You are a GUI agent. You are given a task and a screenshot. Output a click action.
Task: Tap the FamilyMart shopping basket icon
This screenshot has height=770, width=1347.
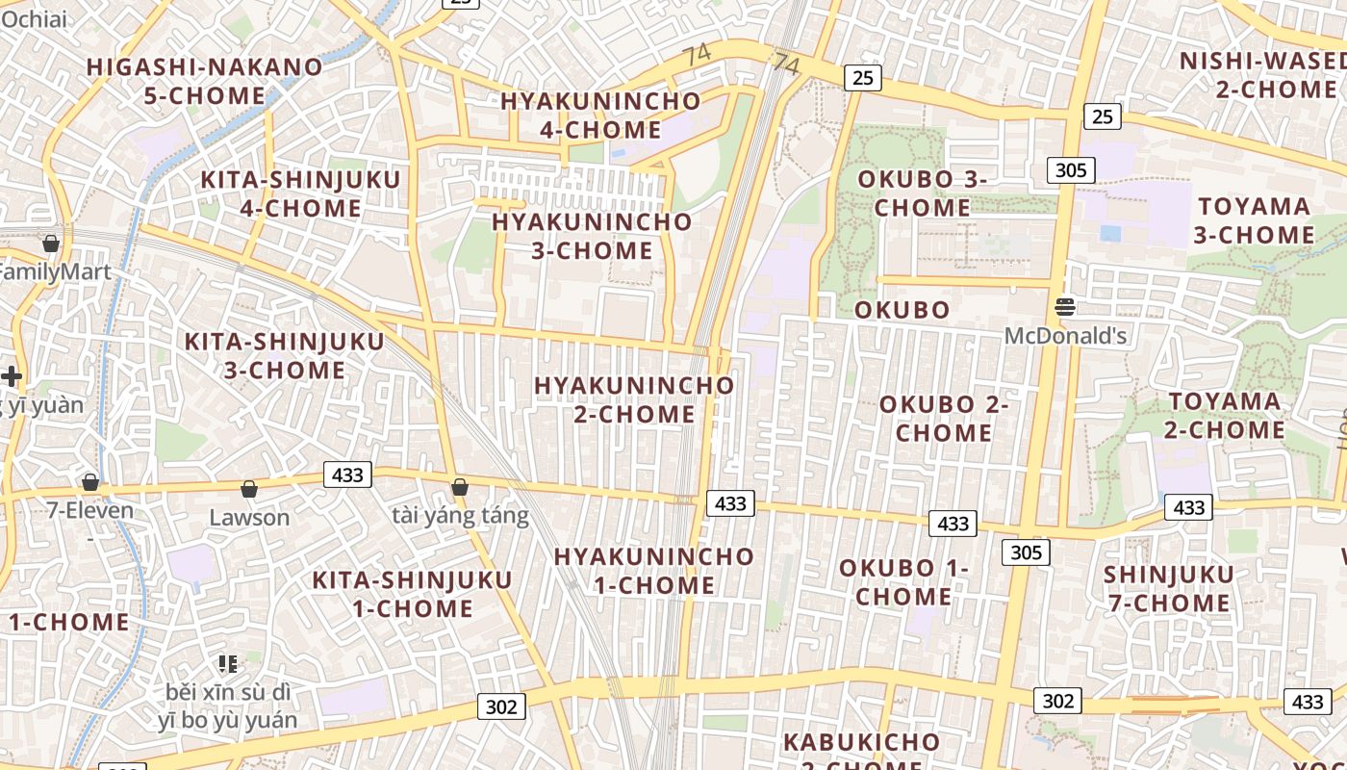[51, 244]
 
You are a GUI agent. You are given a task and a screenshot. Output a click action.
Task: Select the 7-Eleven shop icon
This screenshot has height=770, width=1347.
[90, 482]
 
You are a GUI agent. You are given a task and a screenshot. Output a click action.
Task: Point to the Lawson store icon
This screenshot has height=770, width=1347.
[249, 490]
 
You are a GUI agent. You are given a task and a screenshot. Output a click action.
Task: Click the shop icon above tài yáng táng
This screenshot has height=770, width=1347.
[460, 488]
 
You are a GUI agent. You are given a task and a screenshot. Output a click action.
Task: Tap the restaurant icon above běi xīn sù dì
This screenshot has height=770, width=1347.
[228, 663]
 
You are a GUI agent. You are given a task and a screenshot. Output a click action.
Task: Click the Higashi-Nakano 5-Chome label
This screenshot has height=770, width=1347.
[204, 81]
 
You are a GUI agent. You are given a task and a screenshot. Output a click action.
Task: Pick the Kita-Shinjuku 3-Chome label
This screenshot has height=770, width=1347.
[285, 355]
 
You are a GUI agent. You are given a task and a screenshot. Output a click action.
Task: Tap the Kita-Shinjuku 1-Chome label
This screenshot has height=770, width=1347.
[413, 594]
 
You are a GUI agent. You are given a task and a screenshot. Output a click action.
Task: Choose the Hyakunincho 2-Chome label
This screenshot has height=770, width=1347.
[634, 399]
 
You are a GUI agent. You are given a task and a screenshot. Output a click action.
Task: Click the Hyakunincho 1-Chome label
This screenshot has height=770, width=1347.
[653, 570]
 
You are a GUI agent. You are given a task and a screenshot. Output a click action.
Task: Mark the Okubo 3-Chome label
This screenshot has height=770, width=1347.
[923, 192]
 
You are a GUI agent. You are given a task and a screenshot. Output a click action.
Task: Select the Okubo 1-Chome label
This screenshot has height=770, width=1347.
[903, 581]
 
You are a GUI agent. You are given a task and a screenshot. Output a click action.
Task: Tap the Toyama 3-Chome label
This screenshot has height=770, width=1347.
[1256, 220]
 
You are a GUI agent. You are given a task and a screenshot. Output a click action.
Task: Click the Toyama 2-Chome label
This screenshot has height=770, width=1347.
[1225, 415]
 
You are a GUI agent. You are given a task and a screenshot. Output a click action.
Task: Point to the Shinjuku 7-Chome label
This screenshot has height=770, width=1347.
[1168, 589]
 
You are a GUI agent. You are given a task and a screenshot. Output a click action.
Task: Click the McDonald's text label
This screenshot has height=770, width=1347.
[1065, 336]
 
